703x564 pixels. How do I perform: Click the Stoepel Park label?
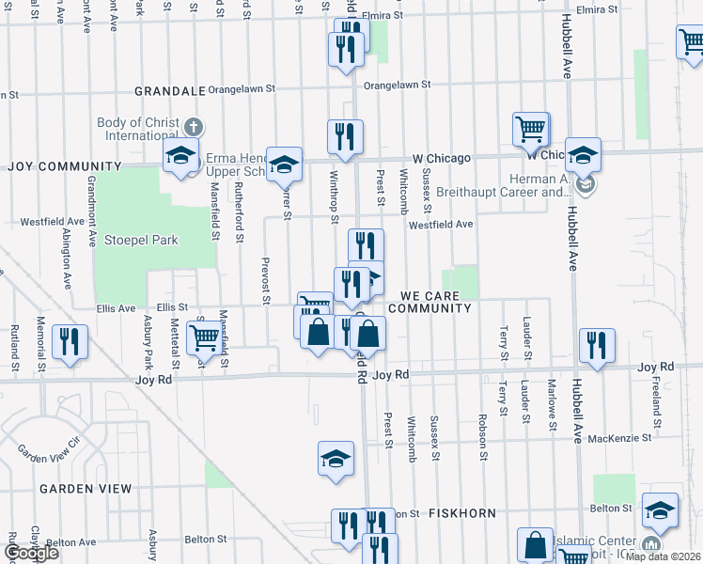[141, 240]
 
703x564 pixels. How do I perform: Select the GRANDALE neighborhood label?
[169, 90]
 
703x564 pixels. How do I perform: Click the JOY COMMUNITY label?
[65, 166]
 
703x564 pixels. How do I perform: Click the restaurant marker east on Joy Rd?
[596, 344]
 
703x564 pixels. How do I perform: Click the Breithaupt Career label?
[491, 193]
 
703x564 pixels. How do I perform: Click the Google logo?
[32, 553]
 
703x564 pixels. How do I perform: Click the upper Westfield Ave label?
[440, 225]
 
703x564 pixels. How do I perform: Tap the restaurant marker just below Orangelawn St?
[345, 135]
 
